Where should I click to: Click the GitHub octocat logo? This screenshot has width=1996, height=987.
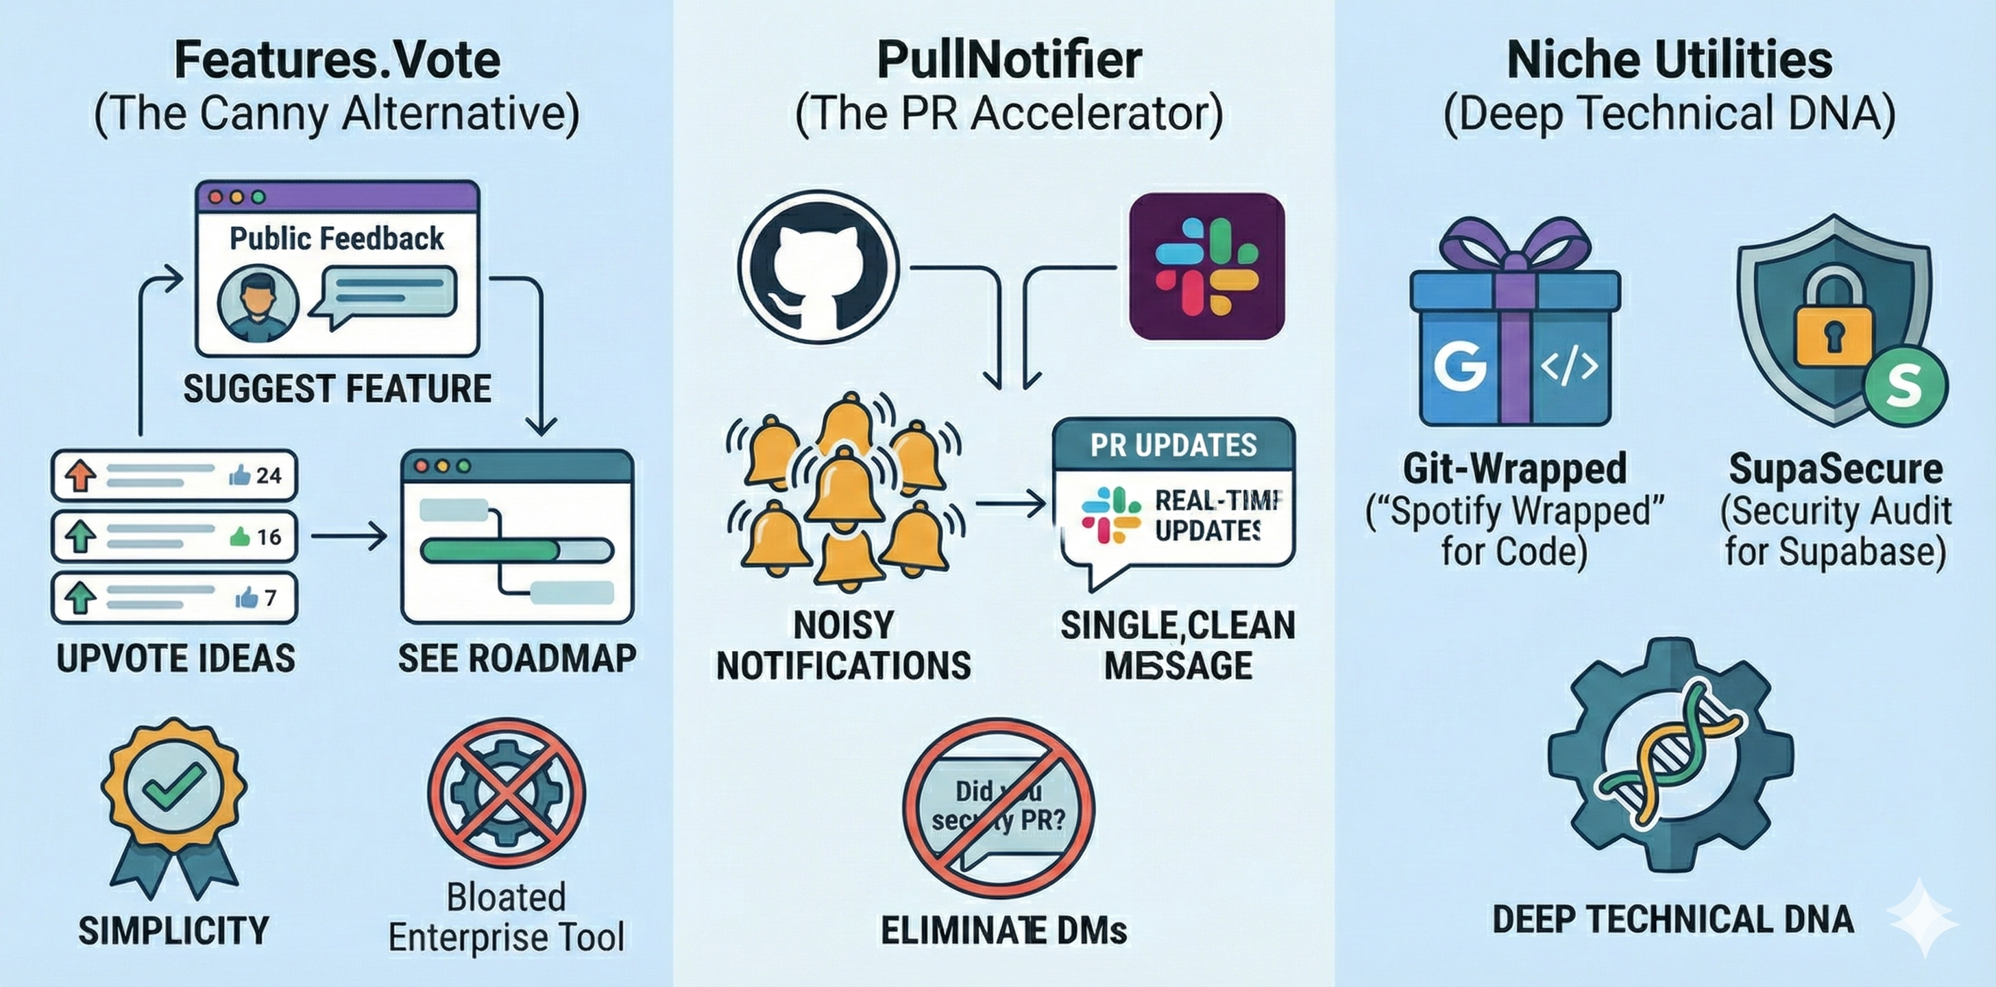pyautogui.click(x=818, y=268)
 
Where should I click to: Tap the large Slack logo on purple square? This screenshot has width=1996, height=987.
pyautogui.click(x=1206, y=267)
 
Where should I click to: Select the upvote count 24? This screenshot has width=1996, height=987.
pyautogui.click(x=268, y=475)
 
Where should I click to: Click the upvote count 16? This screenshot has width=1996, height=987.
pyautogui.click(x=268, y=536)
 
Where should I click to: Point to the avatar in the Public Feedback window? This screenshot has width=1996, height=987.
pyautogui.click(x=257, y=304)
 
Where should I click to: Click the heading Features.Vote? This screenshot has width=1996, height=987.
pyautogui.click(x=337, y=60)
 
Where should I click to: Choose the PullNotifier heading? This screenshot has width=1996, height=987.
pyautogui.click(x=1009, y=60)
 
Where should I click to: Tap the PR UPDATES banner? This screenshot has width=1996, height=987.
pyautogui.click(x=1173, y=445)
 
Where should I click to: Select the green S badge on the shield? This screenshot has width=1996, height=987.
pyautogui.click(x=1903, y=385)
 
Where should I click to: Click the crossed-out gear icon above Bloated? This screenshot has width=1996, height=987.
pyautogui.click(x=507, y=793)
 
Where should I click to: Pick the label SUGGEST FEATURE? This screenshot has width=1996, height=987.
pyautogui.click(x=337, y=389)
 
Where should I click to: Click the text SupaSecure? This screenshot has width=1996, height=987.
pyautogui.click(x=1835, y=469)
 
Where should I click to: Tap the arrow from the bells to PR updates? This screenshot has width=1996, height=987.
pyautogui.click(x=1010, y=504)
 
